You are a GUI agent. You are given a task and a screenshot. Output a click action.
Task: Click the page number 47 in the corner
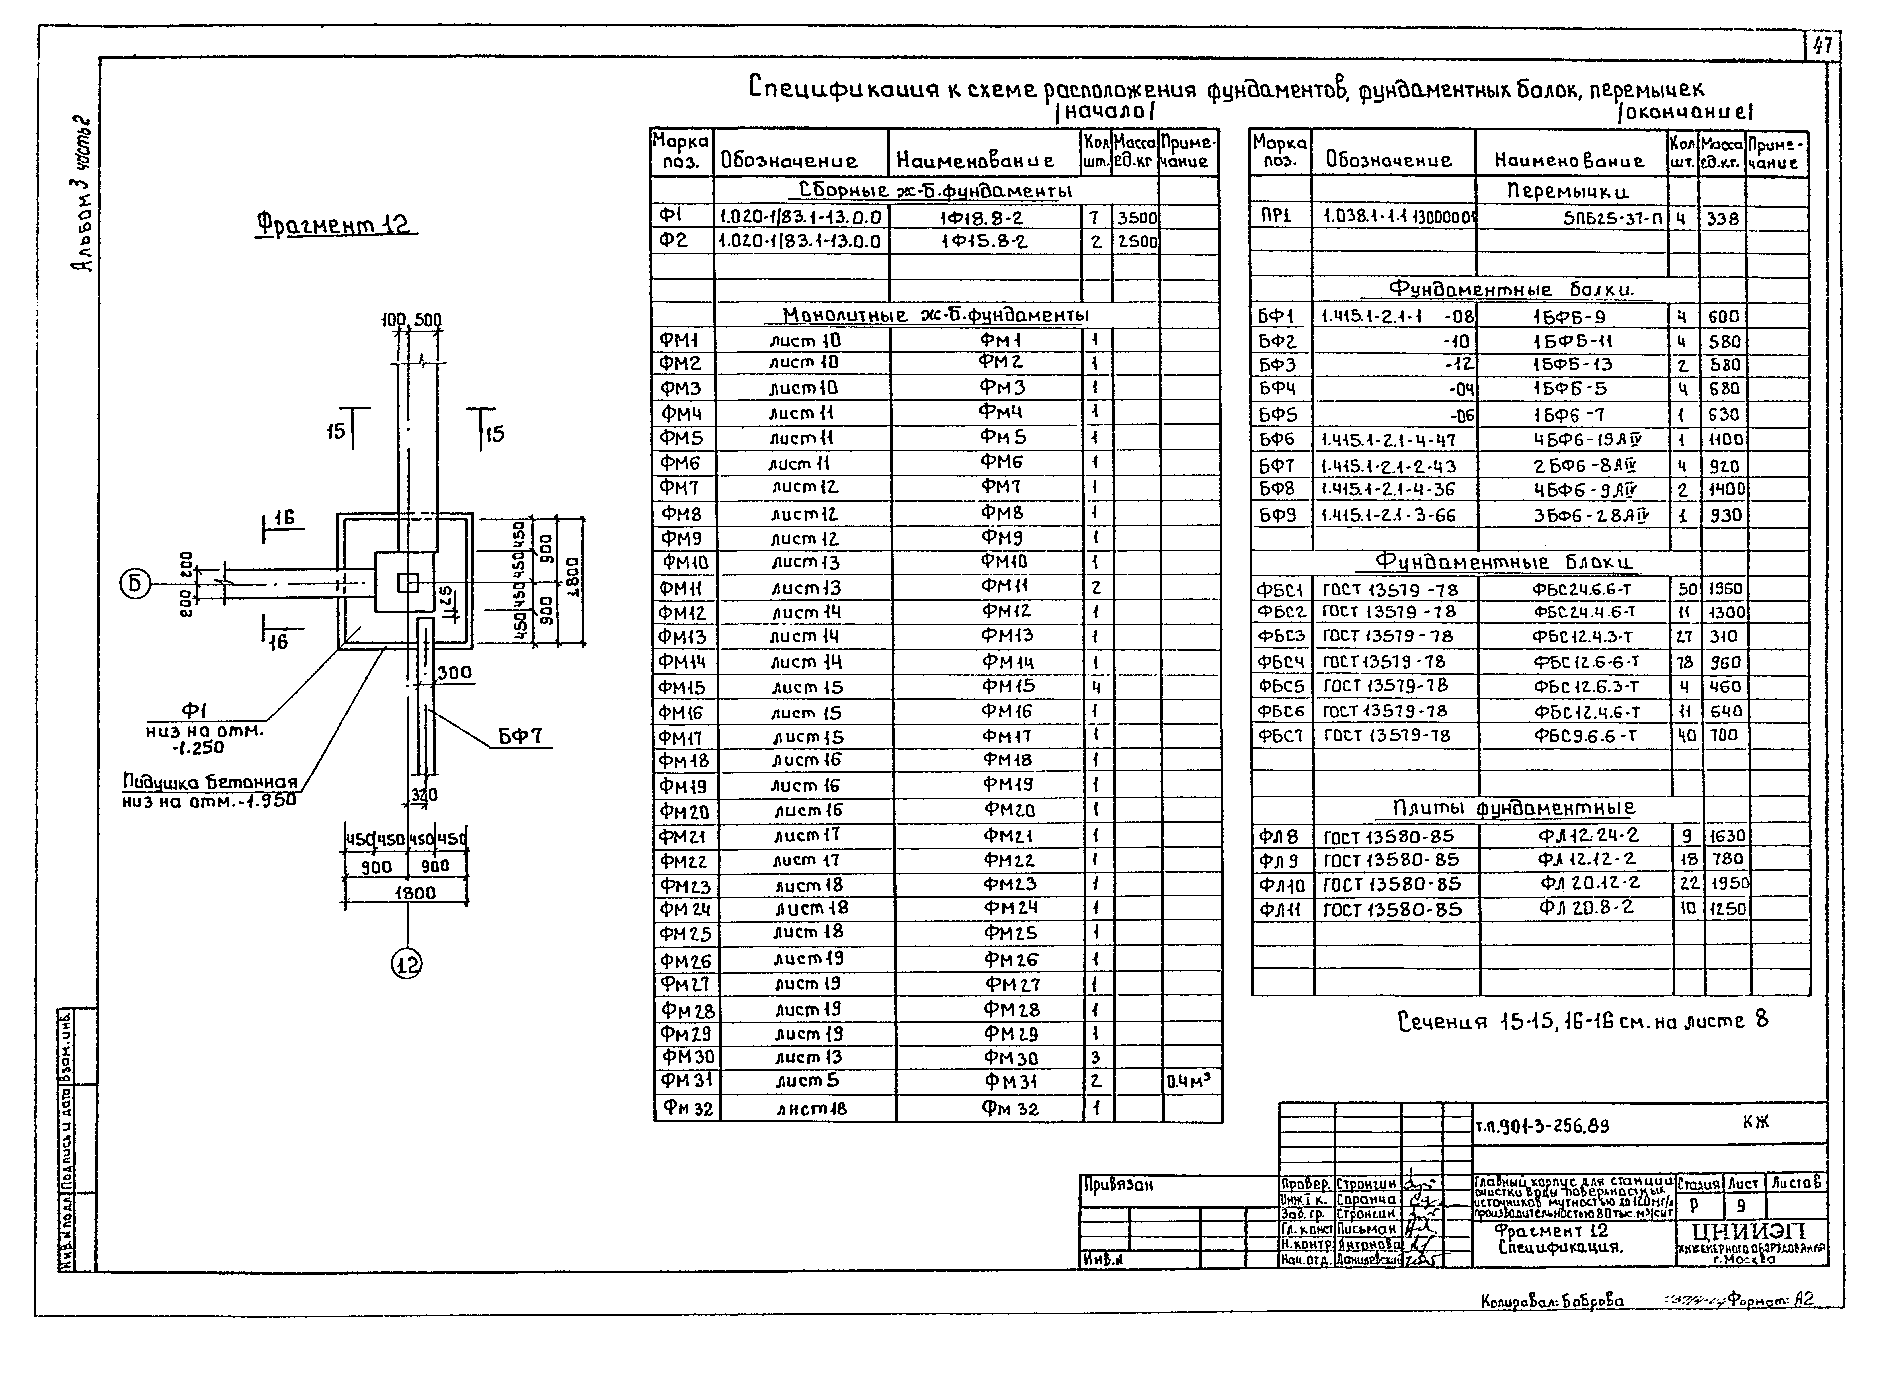point(1822,45)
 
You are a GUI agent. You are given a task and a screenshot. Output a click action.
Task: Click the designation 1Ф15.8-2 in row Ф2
point(984,242)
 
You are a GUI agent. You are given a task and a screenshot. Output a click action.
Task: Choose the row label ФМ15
point(682,688)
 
